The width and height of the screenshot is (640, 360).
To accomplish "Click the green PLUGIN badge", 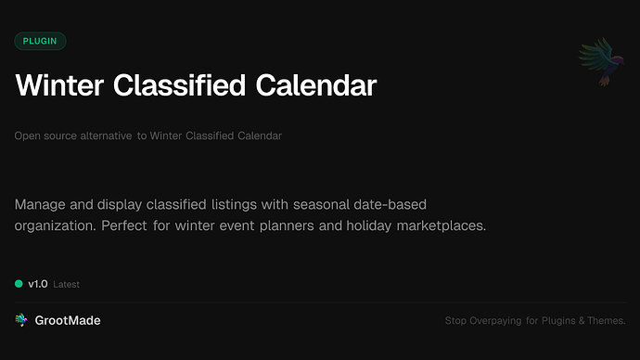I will (41, 41).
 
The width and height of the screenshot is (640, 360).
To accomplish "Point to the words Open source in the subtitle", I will (45, 135).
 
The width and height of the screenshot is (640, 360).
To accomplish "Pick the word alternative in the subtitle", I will (105, 135).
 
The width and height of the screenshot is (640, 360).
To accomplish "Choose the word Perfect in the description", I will (148, 225).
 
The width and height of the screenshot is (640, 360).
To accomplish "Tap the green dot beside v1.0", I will (19, 284).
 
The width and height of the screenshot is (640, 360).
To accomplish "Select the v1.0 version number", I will (38, 284).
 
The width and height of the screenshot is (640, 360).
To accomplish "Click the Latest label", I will (67, 284).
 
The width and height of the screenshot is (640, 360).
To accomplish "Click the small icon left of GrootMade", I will (21, 320).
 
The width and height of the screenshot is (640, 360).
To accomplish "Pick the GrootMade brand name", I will (68, 320).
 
